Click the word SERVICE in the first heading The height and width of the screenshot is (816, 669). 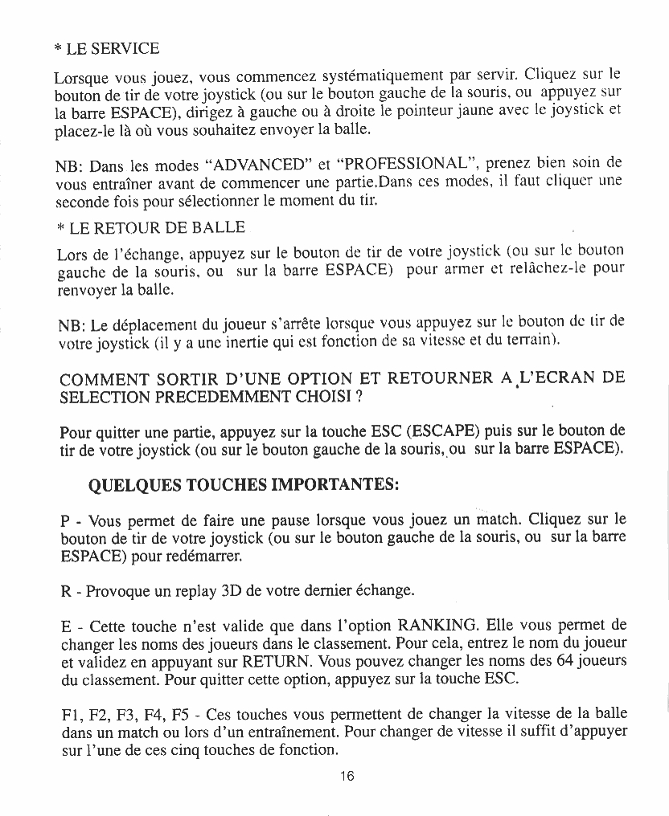pos(123,48)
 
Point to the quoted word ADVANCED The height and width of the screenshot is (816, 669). pos(258,167)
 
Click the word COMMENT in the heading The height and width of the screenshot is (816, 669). pos(107,378)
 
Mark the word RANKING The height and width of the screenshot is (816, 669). pos(441,625)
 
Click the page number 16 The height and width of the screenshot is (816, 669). pos(347,776)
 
